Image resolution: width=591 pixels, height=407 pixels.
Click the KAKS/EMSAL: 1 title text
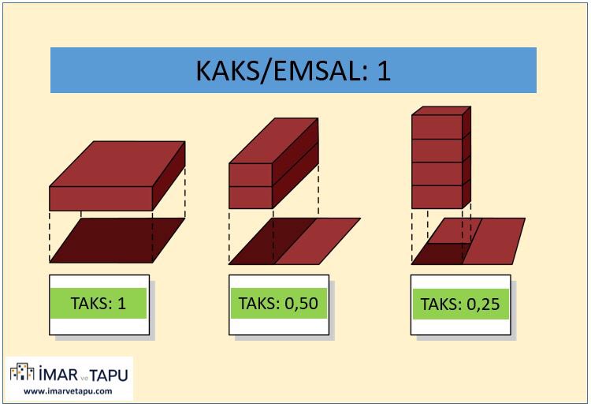click(293, 71)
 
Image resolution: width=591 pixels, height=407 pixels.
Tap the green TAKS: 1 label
click(98, 303)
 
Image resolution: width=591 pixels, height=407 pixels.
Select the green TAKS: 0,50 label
click(278, 303)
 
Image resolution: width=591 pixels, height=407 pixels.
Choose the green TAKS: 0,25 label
click(459, 304)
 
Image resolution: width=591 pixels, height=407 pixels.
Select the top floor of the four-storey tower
click(437, 127)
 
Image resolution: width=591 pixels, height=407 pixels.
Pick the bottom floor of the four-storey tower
click(437, 197)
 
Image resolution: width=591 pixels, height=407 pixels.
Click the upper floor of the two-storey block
click(251, 175)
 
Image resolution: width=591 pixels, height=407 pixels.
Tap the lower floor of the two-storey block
click(251, 197)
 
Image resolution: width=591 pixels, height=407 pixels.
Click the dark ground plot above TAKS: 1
click(117, 241)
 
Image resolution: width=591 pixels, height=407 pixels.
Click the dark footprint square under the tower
click(438, 254)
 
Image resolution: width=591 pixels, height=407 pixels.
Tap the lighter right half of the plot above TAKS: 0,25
click(496, 241)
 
